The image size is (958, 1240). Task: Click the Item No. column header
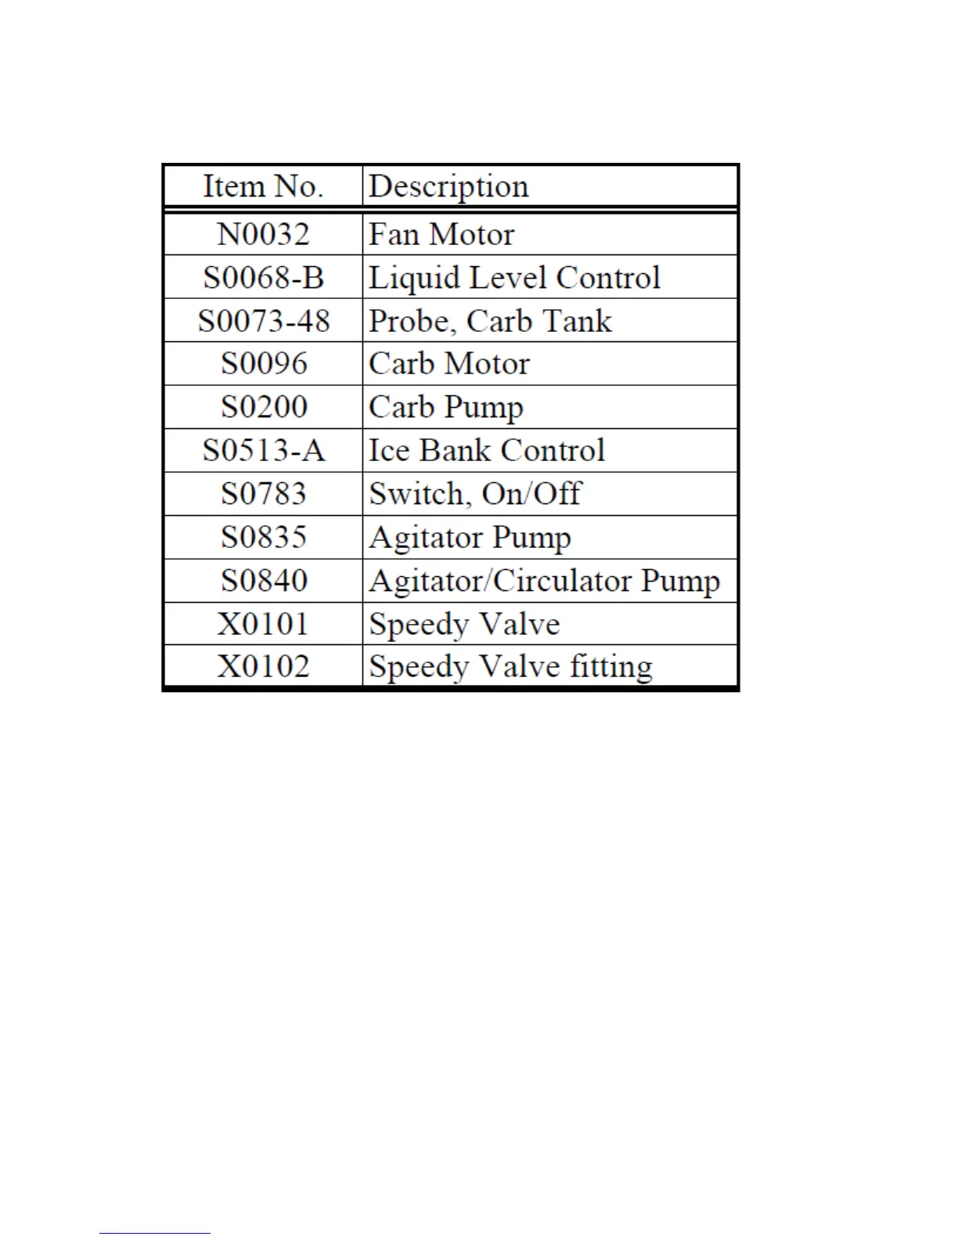click(x=263, y=186)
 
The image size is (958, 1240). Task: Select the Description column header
click(x=448, y=186)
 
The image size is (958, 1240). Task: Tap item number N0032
click(x=263, y=234)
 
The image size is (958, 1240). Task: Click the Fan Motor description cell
click(x=441, y=234)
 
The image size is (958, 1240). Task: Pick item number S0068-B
click(x=263, y=278)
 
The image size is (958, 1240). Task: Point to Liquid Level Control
click(x=514, y=278)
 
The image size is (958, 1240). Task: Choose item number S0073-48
click(x=263, y=321)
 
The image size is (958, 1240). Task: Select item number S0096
click(x=263, y=364)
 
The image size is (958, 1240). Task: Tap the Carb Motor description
click(x=449, y=364)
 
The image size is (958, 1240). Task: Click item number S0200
click(x=263, y=407)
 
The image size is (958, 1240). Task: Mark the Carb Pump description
click(x=446, y=408)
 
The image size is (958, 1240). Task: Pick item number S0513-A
click(x=263, y=450)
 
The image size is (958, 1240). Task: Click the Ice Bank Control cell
click(x=487, y=450)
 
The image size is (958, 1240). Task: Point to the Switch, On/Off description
click(x=475, y=494)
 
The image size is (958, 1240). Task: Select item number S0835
click(x=263, y=537)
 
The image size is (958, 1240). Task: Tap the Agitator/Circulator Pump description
click(x=544, y=581)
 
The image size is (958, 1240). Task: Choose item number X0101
click(x=263, y=624)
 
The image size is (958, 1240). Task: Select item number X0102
click(x=263, y=667)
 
